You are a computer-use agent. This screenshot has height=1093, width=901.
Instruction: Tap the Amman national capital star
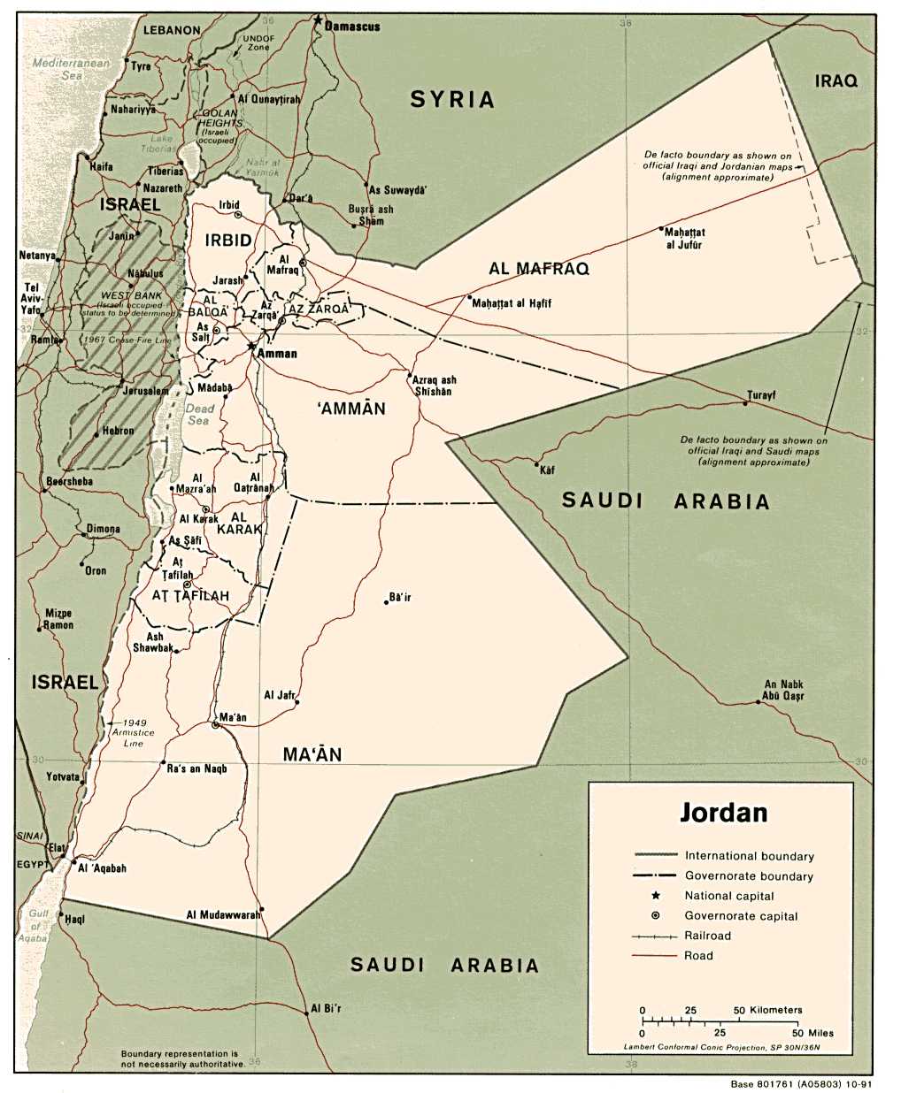coord(252,347)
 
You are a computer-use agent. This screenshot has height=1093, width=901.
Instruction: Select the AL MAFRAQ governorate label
coord(539,269)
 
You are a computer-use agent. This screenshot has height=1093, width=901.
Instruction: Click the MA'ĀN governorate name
coord(312,754)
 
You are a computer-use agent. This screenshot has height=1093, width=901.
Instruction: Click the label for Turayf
coord(760,394)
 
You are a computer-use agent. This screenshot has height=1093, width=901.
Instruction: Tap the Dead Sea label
coord(199,415)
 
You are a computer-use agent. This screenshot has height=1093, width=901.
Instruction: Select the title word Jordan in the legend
coord(723,813)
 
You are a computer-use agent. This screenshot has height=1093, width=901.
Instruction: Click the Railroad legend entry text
coord(707,936)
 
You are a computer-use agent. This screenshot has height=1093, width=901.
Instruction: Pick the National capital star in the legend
coord(656,896)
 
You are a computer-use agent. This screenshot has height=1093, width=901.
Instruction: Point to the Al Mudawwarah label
coord(223,914)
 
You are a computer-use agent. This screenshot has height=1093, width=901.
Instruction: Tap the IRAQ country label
coord(836,81)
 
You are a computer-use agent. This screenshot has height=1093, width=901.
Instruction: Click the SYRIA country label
coord(452,100)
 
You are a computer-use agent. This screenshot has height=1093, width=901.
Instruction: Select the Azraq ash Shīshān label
coord(434,386)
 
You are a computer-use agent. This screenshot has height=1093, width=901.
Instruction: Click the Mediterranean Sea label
coord(72,69)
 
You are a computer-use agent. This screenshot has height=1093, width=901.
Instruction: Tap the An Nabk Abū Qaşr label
coord(783,690)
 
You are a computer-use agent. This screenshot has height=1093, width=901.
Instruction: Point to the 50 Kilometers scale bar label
coord(767,1010)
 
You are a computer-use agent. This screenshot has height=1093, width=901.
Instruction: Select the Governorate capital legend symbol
coord(656,916)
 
